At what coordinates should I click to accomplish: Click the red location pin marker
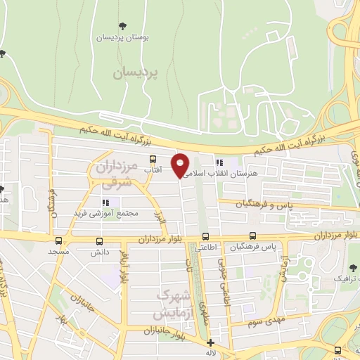click(181, 165)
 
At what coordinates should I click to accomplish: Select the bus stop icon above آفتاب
click(152, 159)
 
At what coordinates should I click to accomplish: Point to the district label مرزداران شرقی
click(113, 175)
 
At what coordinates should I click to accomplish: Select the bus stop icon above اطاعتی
click(205, 236)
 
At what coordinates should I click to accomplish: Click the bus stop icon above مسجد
click(58, 240)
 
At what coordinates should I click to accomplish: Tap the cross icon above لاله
click(210, 342)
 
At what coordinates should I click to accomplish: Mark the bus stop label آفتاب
click(152, 170)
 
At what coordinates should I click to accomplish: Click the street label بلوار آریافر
click(124, 267)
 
